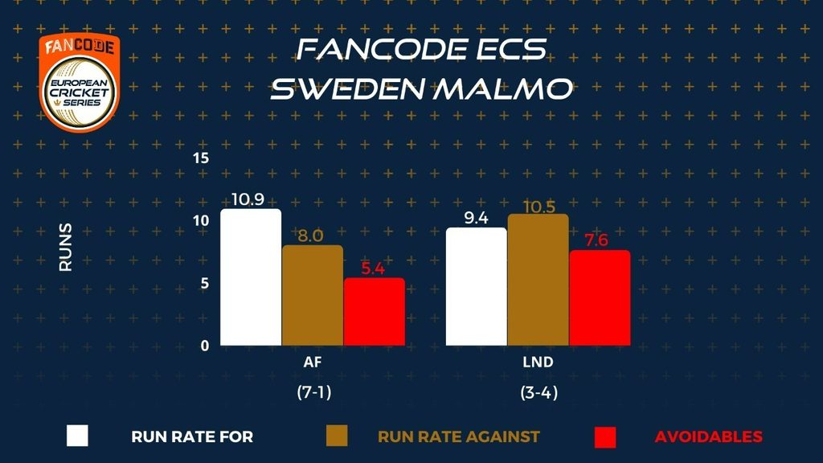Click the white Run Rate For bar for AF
(251, 277)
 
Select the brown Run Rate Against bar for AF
(312, 295)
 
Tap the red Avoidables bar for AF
(374, 312)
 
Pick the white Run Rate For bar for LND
(477, 286)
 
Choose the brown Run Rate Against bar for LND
(538, 280)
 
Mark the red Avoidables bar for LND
(600, 297)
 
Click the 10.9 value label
(251, 199)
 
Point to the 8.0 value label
(312, 236)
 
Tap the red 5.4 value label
(373, 268)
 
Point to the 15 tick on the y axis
(201, 158)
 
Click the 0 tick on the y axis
(205, 346)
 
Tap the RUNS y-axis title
(66, 247)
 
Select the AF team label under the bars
(312, 363)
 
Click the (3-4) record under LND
(538, 395)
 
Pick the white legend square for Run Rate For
(77, 436)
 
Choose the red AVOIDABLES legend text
(708, 436)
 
